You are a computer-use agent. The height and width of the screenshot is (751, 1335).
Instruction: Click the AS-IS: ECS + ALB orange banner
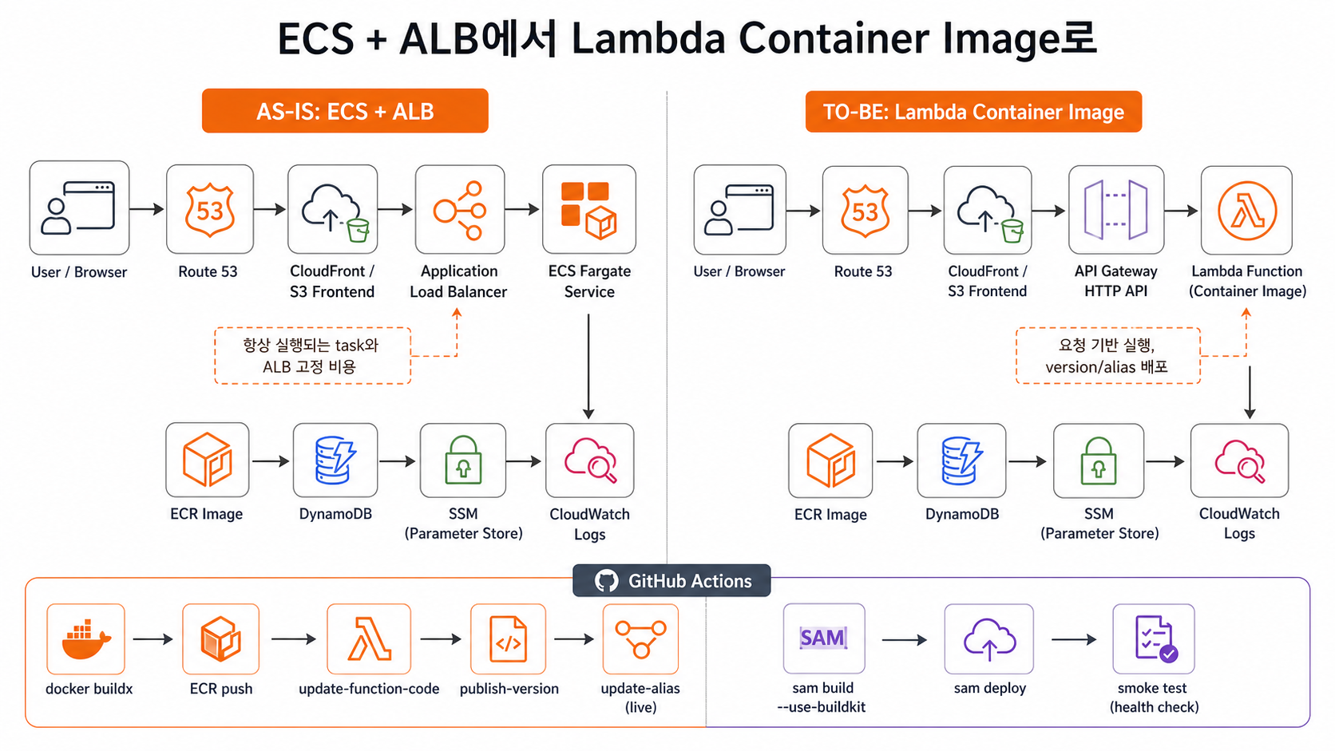click(x=345, y=111)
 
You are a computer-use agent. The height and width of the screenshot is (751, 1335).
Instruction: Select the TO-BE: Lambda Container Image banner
click(x=973, y=112)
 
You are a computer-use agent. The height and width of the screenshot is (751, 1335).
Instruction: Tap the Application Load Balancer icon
click(x=459, y=209)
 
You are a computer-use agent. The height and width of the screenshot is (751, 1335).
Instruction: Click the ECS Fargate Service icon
click(x=588, y=209)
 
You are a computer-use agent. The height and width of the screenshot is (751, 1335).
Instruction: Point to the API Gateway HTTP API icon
click(x=1115, y=210)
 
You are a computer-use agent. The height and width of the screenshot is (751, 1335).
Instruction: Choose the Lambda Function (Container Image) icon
click(x=1246, y=210)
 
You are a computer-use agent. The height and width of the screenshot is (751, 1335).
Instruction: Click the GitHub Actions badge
click(x=671, y=581)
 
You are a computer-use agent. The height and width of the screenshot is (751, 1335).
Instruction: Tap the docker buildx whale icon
click(x=85, y=638)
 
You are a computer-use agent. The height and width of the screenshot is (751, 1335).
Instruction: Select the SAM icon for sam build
click(x=824, y=638)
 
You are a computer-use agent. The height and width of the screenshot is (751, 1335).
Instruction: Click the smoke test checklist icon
click(x=1153, y=638)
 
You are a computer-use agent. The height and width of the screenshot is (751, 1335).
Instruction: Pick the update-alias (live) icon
click(x=640, y=638)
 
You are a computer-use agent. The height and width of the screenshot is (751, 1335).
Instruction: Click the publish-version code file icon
click(x=508, y=638)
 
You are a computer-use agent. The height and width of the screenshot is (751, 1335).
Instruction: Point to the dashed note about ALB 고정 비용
click(x=312, y=356)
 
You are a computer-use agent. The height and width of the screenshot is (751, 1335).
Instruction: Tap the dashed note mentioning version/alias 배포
click(x=1108, y=356)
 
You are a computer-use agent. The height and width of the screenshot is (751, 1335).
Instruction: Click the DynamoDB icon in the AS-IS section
click(x=335, y=460)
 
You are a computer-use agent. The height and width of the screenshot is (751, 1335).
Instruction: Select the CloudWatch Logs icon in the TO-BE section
click(x=1239, y=460)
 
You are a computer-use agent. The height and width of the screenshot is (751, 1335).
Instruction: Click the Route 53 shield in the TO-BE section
click(x=865, y=210)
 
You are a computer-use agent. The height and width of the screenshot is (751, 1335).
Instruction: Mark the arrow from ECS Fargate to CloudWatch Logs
click(x=588, y=366)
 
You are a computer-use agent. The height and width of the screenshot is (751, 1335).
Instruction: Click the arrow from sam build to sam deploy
click(x=904, y=639)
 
